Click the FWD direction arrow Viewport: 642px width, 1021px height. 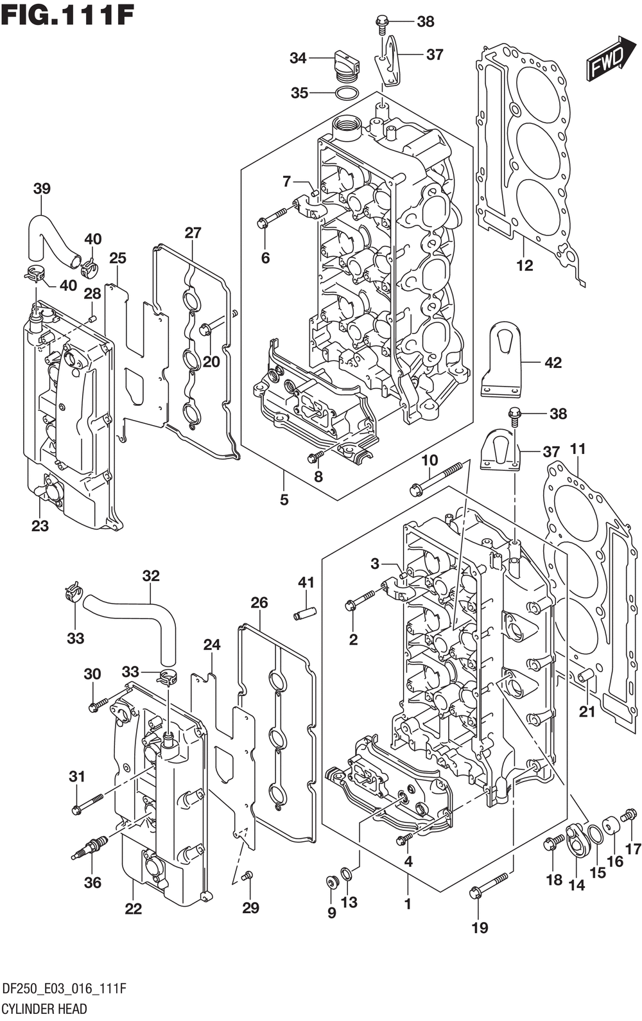[x=610, y=59]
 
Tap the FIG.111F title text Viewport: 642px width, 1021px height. [x=67, y=17]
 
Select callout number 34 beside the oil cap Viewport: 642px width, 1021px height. [x=298, y=58]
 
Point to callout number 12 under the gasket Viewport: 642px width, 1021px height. [x=525, y=265]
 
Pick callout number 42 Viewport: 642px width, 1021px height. [x=553, y=363]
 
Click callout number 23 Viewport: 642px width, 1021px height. [x=40, y=526]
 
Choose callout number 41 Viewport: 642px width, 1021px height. [x=306, y=582]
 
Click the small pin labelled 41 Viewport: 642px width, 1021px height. [x=305, y=612]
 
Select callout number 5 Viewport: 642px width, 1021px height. [x=284, y=500]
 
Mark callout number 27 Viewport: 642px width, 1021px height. [x=193, y=233]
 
